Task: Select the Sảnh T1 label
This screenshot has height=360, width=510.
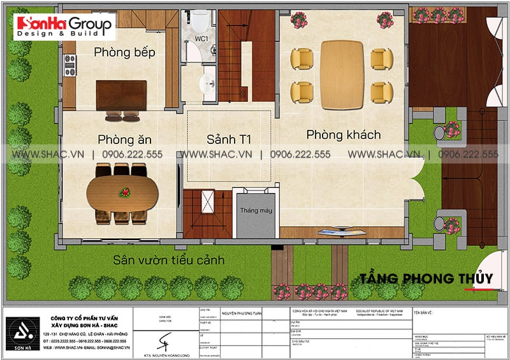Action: tap(229, 139)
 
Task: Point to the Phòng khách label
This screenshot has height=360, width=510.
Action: tap(343, 134)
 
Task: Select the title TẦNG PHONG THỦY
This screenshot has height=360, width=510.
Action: tap(426, 278)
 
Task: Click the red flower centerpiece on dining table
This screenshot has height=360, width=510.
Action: tap(125, 191)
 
